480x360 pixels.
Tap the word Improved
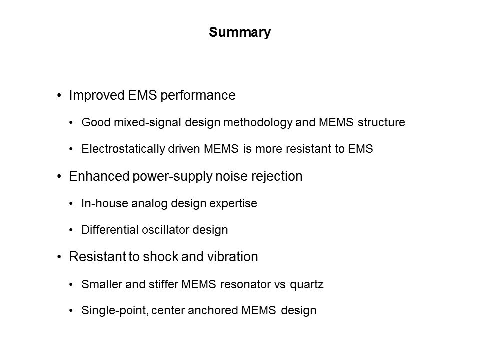[96, 95]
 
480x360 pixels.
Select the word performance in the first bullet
[198, 95]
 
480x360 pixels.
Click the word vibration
[232, 257]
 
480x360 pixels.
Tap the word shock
[159, 257]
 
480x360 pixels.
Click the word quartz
[306, 285]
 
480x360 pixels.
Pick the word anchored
[213, 310]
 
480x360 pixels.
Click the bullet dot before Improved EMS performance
[59, 96]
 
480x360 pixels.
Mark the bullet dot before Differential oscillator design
[71, 230]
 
